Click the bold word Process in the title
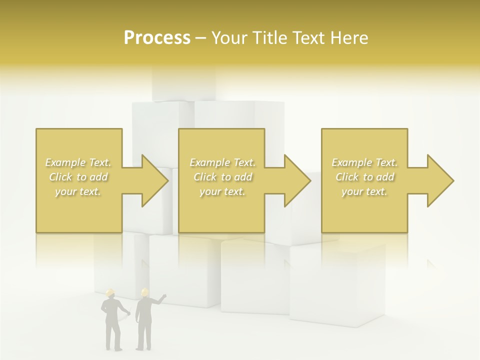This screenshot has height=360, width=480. point(157,37)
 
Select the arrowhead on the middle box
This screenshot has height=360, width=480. point(296,180)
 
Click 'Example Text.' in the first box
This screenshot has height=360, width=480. point(78,162)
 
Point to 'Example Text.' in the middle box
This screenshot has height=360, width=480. point(222,162)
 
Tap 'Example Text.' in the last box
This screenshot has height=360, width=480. point(364,162)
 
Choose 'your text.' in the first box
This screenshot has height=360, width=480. point(78,191)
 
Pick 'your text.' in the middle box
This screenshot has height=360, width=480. point(222,191)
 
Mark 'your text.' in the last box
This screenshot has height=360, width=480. point(364,191)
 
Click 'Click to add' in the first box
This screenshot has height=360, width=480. point(78,177)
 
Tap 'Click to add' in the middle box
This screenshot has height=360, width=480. point(222,177)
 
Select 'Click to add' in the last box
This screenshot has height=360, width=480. point(364,177)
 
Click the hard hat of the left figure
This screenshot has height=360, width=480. point(110,292)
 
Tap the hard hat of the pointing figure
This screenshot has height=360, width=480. point(144,291)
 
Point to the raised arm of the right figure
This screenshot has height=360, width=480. point(159,299)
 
